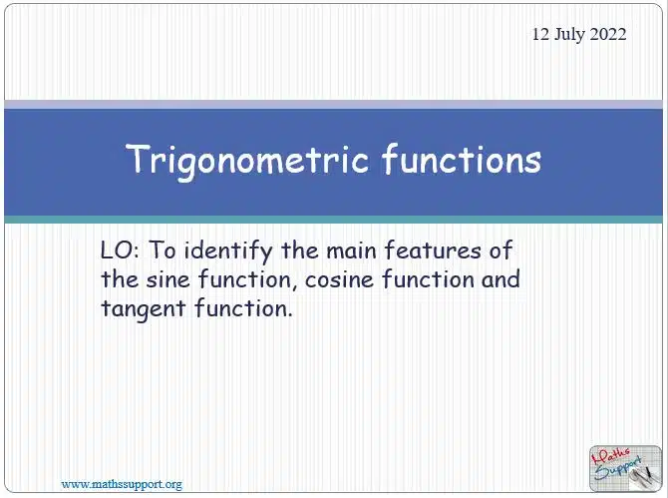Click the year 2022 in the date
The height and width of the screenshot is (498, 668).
[x=608, y=34]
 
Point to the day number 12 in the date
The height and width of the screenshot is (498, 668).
[x=540, y=34]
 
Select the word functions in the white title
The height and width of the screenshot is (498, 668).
[x=462, y=159]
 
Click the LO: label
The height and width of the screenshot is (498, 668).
[x=120, y=250]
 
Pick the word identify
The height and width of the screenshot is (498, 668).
[x=228, y=251]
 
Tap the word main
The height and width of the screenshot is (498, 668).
[x=351, y=250]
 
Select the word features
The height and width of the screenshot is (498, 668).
[x=433, y=250]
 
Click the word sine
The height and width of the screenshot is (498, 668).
[x=167, y=279]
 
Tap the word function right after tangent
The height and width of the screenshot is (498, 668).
[x=243, y=307]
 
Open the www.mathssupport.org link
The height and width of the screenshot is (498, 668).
[x=122, y=485]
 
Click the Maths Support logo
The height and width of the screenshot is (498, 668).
[x=625, y=468]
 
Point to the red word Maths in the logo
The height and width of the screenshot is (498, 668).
[x=611, y=458]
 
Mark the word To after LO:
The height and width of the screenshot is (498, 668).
[x=162, y=250]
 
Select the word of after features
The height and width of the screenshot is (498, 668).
[x=501, y=250]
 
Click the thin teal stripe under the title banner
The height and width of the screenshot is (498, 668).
[x=334, y=220]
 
